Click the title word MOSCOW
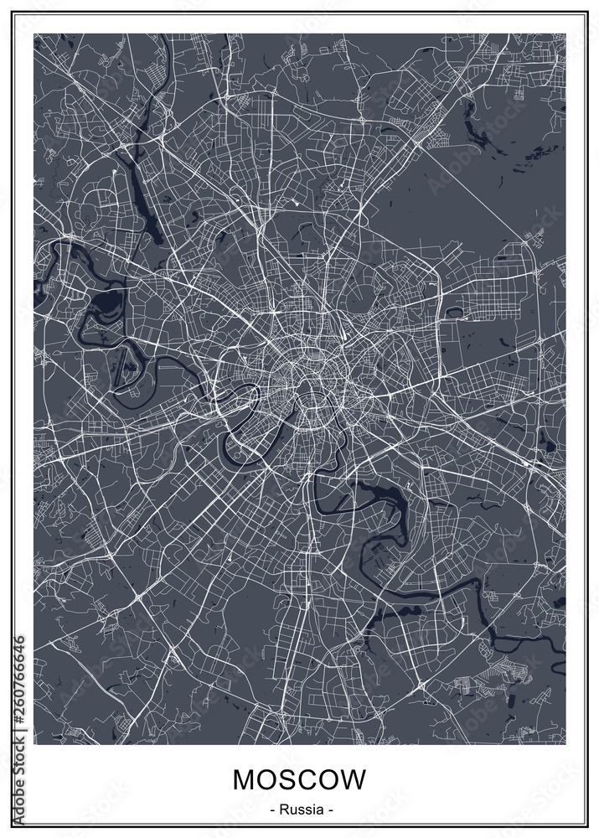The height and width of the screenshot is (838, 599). [x=299, y=779]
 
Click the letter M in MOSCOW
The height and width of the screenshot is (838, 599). [x=244, y=779]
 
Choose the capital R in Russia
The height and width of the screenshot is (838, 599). [x=283, y=810]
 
